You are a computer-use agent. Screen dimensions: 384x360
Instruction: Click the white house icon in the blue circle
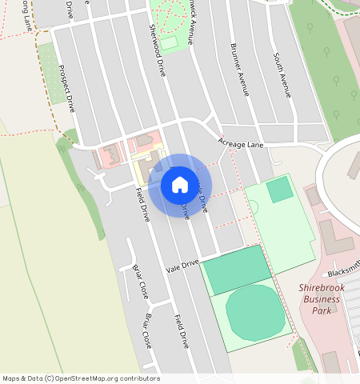click(x=180, y=185)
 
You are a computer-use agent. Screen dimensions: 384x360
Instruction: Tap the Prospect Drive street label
click(x=71, y=88)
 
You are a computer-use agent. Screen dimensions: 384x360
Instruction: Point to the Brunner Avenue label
click(x=240, y=70)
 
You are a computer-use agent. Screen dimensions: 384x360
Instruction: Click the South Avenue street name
click(x=282, y=75)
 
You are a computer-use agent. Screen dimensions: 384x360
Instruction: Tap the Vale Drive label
click(x=182, y=265)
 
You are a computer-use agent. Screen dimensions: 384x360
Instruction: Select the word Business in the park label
click(x=322, y=299)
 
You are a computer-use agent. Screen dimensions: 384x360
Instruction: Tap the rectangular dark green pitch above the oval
click(x=237, y=270)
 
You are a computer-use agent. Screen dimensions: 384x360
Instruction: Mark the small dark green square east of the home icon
click(x=279, y=190)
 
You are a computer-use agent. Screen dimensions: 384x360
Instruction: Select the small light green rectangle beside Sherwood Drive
click(x=169, y=42)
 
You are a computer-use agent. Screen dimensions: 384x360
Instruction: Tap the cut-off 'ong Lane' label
click(x=26, y=15)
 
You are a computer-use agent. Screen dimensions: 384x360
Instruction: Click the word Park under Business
click(x=322, y=310)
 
